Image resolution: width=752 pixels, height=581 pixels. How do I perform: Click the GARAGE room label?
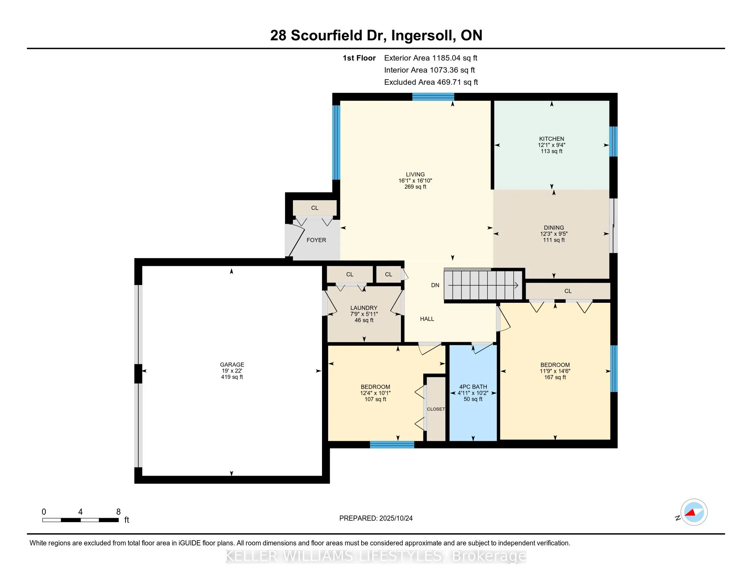[232, 365]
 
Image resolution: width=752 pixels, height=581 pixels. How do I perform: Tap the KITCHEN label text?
[551, 139]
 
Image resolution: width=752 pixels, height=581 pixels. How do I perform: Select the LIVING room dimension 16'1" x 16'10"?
[415, 181]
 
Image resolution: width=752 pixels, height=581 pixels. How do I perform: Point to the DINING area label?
[554, 228]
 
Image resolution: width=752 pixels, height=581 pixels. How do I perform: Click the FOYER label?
[316, 240]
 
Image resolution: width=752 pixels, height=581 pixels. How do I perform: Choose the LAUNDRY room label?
[364, 308]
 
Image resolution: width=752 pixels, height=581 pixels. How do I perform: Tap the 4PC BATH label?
[473, 387]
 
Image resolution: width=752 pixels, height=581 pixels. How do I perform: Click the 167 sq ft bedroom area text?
[555, 377]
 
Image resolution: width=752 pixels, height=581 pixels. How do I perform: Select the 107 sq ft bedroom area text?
[375, 399]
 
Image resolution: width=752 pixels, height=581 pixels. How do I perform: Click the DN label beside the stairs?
[435, 285]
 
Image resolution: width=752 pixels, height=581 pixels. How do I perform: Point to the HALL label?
[427, 319]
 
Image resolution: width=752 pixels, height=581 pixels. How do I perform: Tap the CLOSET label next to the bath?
[435, 409]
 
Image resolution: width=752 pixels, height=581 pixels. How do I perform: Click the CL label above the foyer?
[314, 208]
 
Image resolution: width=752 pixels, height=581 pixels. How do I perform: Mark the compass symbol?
[694, 512]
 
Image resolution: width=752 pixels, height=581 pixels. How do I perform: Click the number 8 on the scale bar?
[118, 512]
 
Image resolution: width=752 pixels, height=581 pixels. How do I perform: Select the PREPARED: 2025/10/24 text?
[376, 518]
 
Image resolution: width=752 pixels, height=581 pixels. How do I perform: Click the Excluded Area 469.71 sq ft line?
[431, 82]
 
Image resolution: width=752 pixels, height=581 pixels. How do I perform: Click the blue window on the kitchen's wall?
[613, 141]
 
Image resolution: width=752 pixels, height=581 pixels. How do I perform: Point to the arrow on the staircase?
[516, 285]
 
